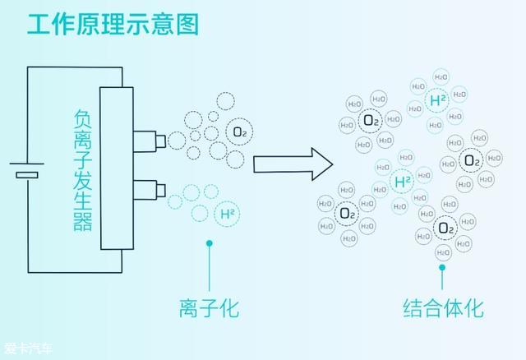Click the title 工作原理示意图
click(113, 24)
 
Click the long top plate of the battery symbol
click(27, 164)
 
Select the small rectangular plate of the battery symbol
click(27, 175)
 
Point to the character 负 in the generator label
click(82, 118)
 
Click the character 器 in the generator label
click(82, 222)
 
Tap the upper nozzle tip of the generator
click(161, 141)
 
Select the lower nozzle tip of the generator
click(161, 191)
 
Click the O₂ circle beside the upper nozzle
click(239, 132)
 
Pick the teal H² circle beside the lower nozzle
click(227, 214)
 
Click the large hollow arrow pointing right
click(293, 164)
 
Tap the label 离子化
click(210, 308)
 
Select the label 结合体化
click(443, 308)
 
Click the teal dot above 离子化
click(210, 243)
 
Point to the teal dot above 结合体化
click(442, 267)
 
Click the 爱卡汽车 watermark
click(29, 348)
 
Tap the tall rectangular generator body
click(117, 168)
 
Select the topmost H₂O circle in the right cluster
click(441, 77)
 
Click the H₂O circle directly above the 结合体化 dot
click(444, 252)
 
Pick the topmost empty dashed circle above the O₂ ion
click(225, 100)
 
